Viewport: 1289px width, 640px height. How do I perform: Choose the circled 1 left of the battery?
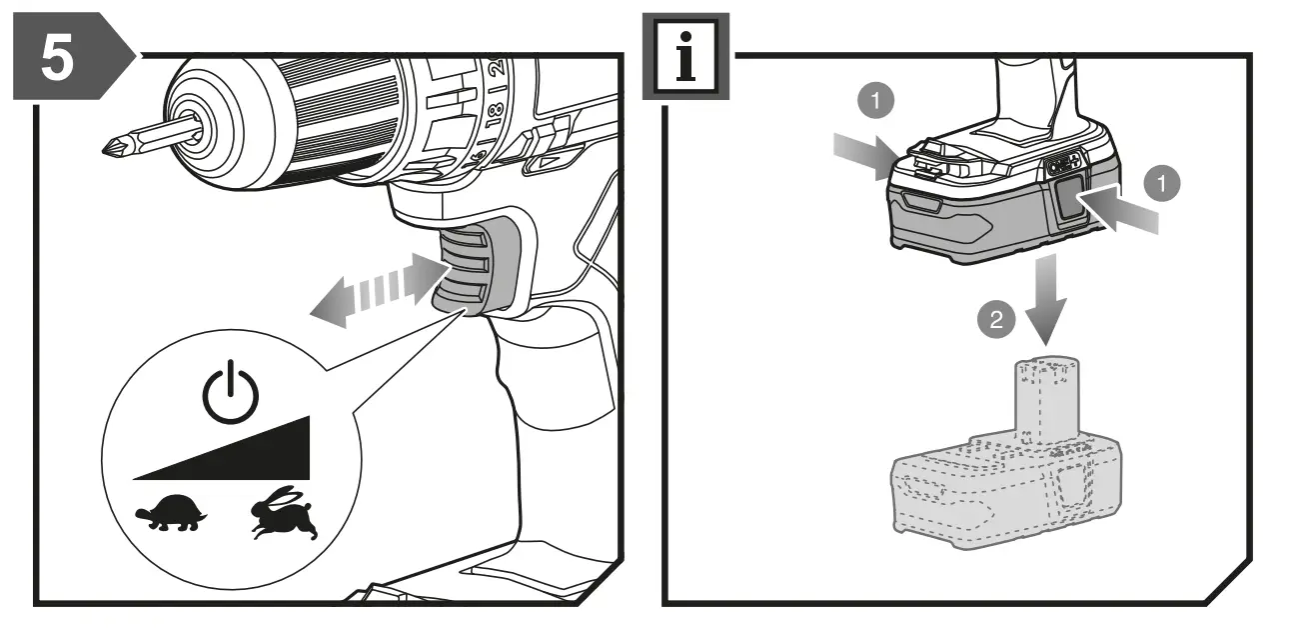click(x=875, y=101)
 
